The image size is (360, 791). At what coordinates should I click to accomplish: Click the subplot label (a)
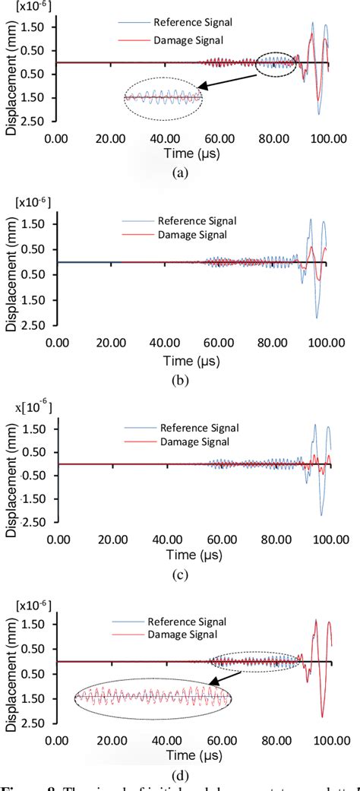(x=179, y=173)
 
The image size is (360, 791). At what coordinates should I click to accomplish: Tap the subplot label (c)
(x=179, y=574)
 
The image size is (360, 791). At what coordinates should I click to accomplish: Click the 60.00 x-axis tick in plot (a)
(x=220, y=140)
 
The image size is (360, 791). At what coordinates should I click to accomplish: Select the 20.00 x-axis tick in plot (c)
(x=112, y=539)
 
